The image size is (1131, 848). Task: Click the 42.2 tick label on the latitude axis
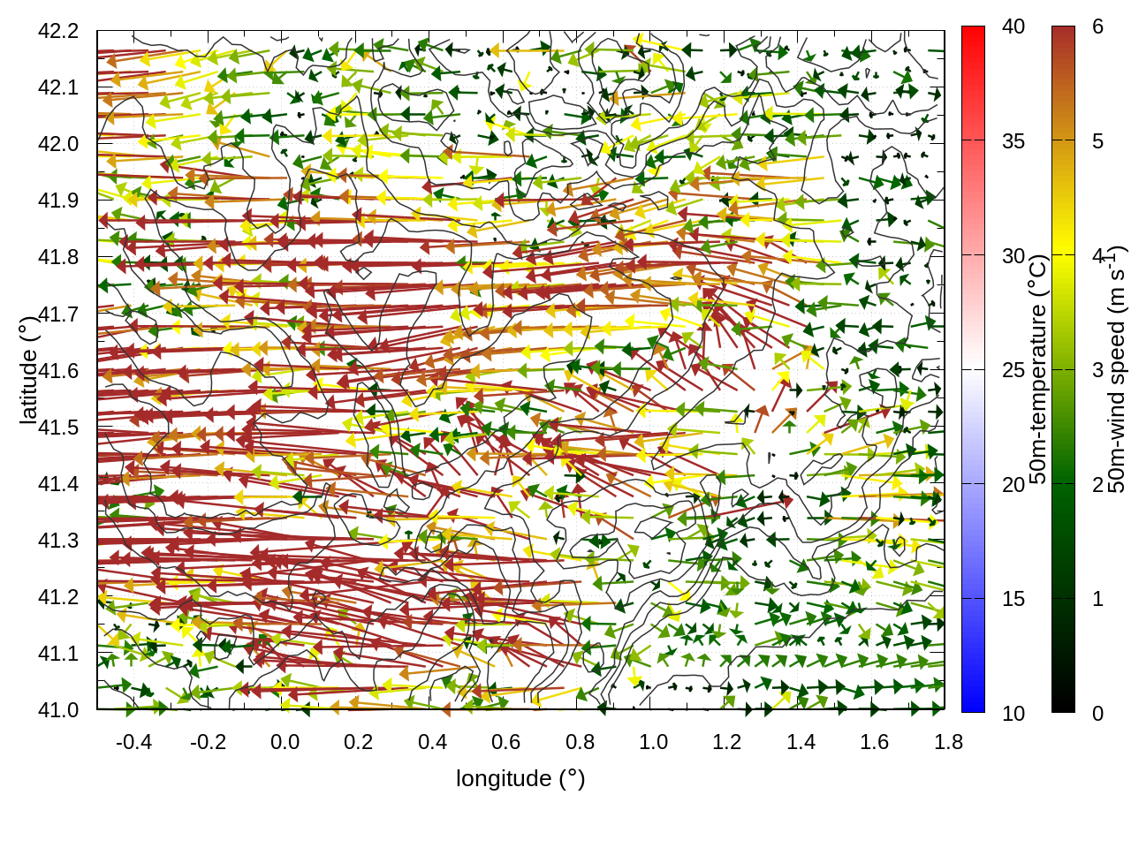[58, 31]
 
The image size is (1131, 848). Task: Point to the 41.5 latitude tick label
[58, 428]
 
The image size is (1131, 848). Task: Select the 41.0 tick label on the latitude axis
[58, 710]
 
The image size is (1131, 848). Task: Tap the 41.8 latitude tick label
[58, 257]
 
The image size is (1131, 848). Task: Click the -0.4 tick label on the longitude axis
[133, 742]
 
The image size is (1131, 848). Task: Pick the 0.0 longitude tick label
[285, 742]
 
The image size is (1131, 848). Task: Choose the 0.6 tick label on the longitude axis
[506, 742]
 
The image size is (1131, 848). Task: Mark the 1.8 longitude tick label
[949, 742]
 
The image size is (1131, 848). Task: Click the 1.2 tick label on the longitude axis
[727, 742]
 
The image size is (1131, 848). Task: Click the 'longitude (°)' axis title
[520, 778]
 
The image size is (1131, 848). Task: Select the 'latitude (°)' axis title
[28, 370]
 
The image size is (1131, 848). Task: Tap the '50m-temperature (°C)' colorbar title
[1038, 369]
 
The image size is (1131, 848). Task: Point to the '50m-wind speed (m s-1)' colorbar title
[1117, 369]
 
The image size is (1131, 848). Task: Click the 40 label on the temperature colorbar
[1013, 26]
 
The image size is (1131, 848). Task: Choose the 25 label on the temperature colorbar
[1013, 370]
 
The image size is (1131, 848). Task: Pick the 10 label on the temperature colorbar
[1013, 713]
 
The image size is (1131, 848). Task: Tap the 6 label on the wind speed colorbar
[1097, 26]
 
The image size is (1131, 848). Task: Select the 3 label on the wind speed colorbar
[1097, 370]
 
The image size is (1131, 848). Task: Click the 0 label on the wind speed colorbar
[1097, 713]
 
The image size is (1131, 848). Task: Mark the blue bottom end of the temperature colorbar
[973, 703]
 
